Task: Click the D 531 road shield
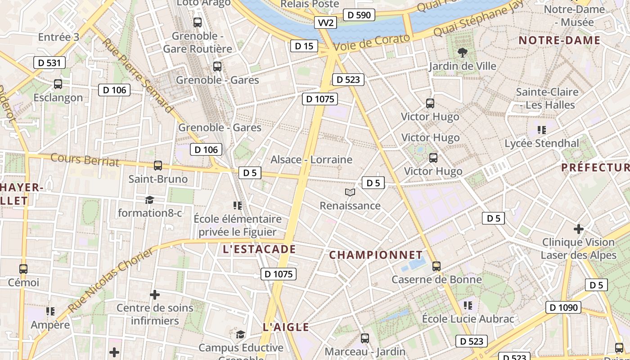(49, 63)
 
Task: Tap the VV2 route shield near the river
(325, 23)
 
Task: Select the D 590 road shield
(359, 15)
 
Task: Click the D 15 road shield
(304, 46)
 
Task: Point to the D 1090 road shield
(563, 308)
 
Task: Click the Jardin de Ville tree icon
(462, 53)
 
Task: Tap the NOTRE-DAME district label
(559, 40)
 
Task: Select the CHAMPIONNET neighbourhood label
(376, 255)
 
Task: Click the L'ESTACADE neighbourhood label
(259, 249)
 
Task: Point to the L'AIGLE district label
(286, 327)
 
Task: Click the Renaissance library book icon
(350, 193)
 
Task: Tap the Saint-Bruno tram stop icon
(158, 166)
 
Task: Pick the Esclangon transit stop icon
(58, 84)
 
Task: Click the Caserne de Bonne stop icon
(436, 266)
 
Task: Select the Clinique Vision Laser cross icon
(578, 229)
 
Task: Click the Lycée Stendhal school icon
(541, 130)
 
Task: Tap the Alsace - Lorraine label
(311, 160)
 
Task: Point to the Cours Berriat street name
(85, 160)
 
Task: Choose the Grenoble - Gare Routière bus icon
(197, 22)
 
